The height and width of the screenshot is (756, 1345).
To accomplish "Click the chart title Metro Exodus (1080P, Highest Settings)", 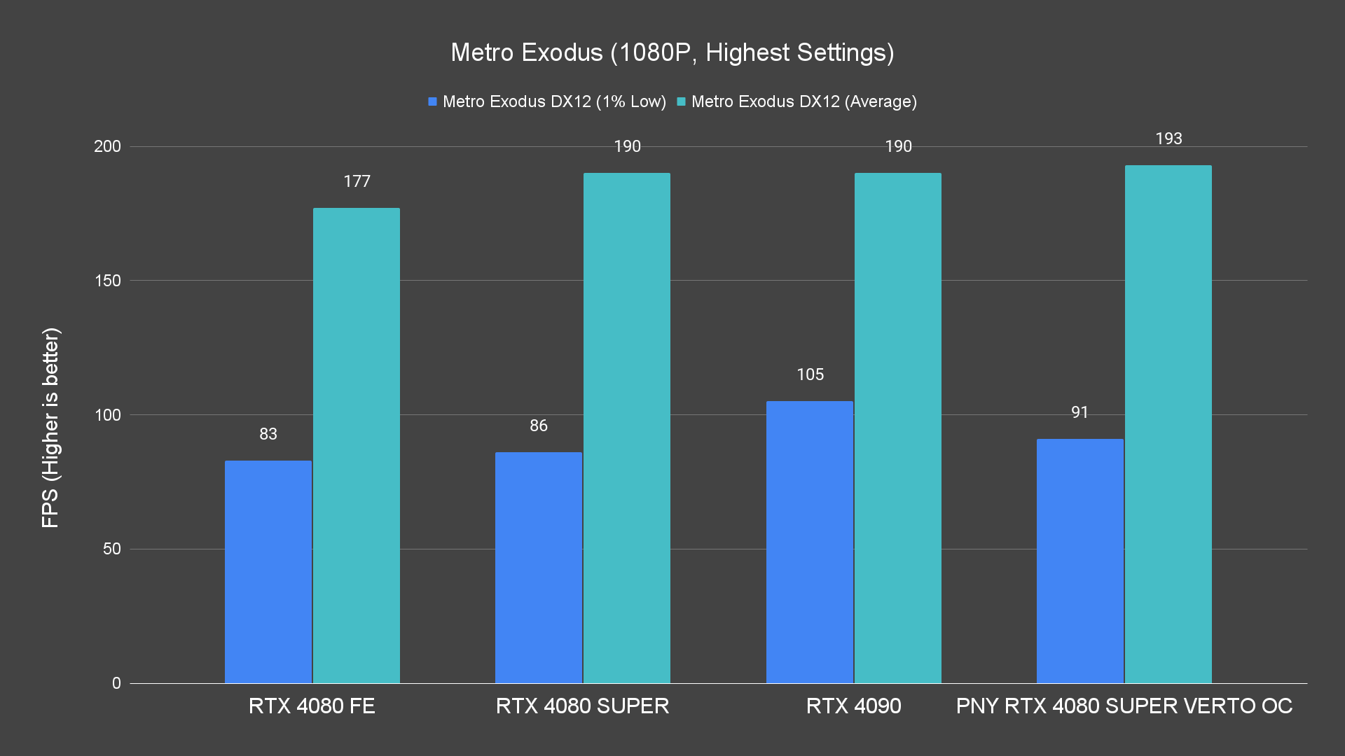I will pyautogui.click(x=672, y=52).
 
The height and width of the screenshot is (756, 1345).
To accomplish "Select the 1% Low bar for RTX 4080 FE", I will pyautogui.click(x=268, y=571).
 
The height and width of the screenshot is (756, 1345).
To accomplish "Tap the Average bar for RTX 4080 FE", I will pyautogui.click(x=357, y=445).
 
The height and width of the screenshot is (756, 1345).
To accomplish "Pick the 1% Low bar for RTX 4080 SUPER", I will pyautogui.click(x=539, y=567).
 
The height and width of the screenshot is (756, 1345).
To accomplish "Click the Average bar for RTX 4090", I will pyautogui.click(x=898, y=428).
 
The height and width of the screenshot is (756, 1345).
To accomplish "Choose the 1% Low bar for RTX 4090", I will pyautogui.click(x=810, y=542).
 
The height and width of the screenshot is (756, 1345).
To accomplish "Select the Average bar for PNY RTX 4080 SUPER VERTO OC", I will pyautogui.click(x=1168, y=424).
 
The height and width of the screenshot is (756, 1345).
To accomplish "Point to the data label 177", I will pyautogui.click(x=357, y=182).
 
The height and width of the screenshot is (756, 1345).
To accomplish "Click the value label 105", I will pyautogui.click(x=810, y=375).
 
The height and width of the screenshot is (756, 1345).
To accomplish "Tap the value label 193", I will pyautogui.click(x=1168, y=139).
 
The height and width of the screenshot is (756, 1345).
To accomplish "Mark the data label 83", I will pyautogui.click(x=268, y=435).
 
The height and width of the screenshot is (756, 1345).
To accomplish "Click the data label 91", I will pyautogui.click(x=1080, y=413).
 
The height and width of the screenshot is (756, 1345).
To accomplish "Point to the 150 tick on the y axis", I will pyautogui.click(x=107, y=281).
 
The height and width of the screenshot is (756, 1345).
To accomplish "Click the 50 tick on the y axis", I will pyautogui.click(x=112, y=549).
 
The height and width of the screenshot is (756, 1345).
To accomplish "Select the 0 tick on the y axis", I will pyautogui.click(x=116, y=683).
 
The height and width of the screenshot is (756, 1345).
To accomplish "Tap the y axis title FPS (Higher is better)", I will pyautogui.click(x=50, y=427).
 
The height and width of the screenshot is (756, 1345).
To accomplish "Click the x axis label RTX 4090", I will pyautogui.click(x=853, y=706).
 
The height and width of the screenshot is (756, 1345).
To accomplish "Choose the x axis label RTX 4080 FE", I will pyautogui.click(x=312, y=706).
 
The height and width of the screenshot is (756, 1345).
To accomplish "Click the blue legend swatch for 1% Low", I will pyautogui.click(x=433, y=102).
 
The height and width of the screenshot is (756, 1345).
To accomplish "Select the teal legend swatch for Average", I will pyautogui.click(x=682, y=102).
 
